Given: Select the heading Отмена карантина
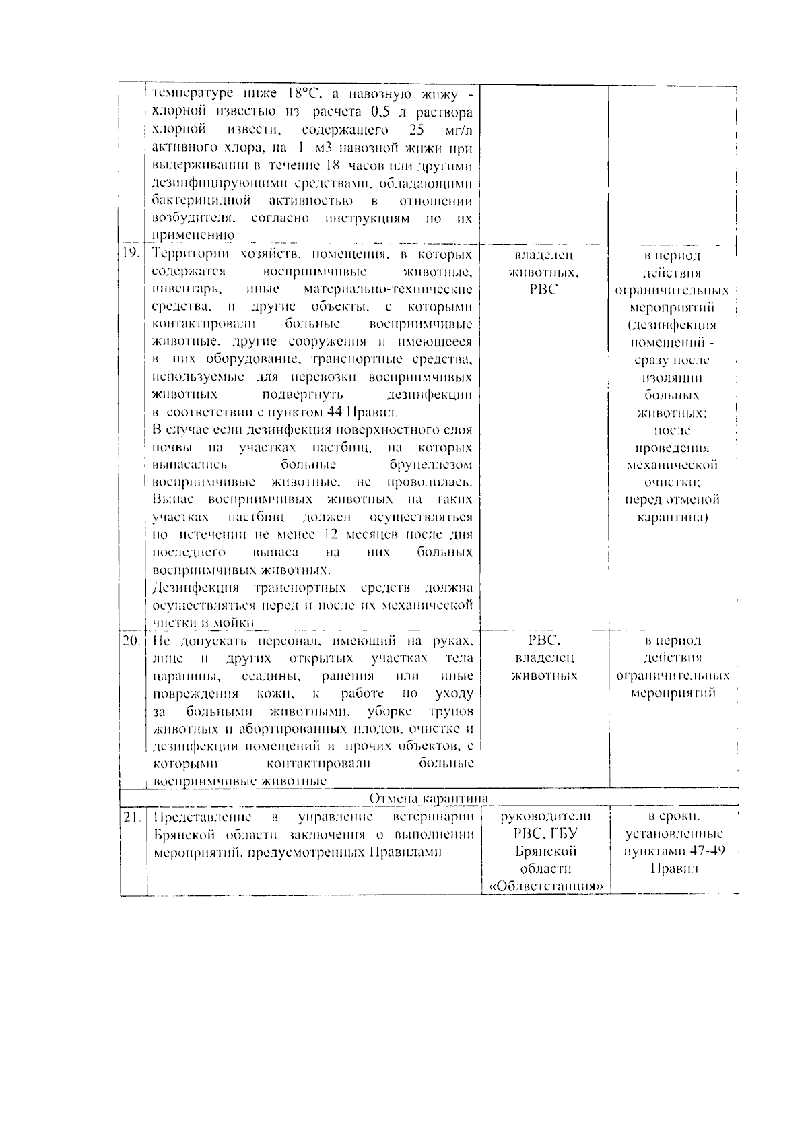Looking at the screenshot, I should point(429,799).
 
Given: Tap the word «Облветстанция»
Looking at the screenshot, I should point(545,886).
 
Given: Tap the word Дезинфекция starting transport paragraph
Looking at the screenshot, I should point(191,587).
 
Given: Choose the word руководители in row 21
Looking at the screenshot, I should point(545,816).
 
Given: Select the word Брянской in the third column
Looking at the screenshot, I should point(545,851).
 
